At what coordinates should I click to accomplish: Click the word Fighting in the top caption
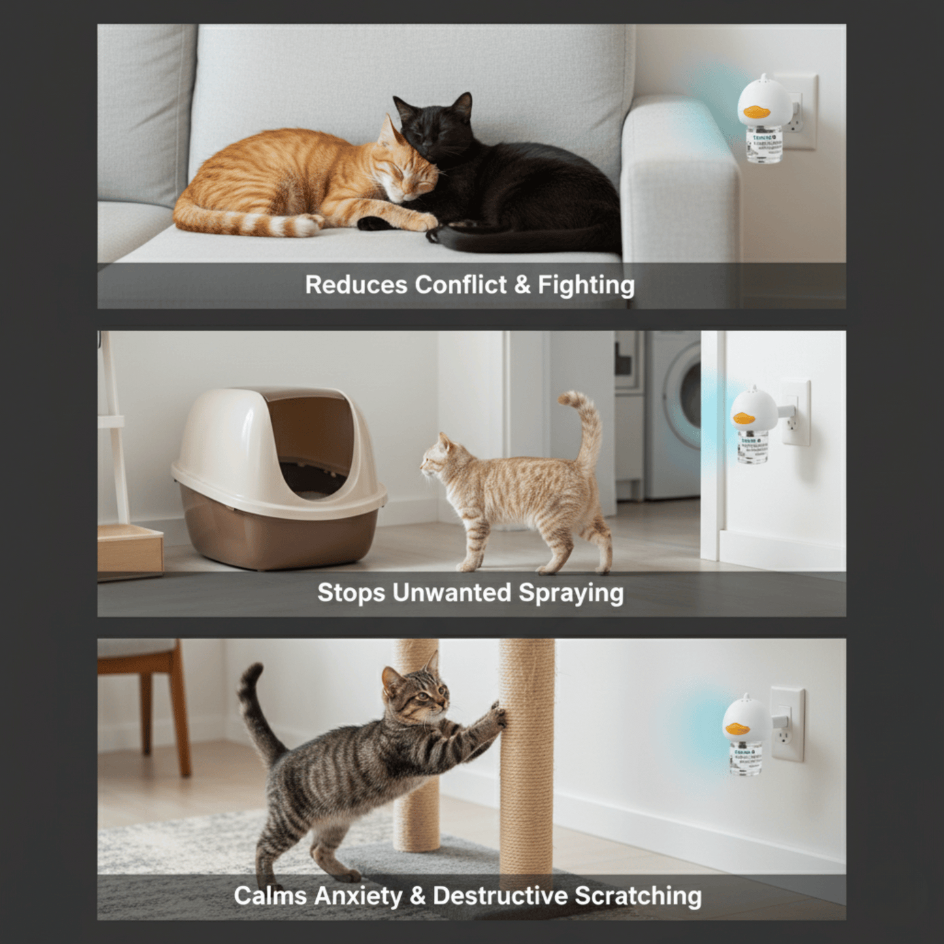tap(586, 285)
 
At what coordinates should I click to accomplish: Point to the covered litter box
tap(278, 477)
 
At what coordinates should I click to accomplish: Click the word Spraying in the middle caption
tap(571, 594)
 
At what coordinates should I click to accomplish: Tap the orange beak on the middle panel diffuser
tap(745, 417)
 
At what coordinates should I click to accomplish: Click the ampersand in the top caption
tap(522, 285)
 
